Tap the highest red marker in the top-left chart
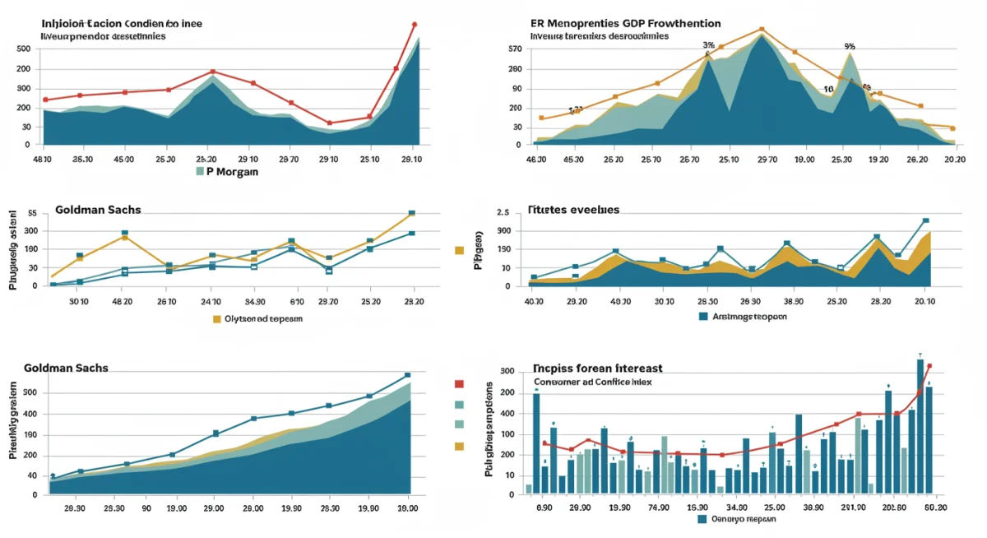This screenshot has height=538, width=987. [414, 25]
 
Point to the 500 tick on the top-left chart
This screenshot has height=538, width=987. [23, 49]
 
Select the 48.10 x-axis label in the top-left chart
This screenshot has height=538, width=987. [42, 160]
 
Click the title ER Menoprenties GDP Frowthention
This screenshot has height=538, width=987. [625, 24]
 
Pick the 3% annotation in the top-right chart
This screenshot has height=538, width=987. [707, 45]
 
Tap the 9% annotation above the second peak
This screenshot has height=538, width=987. [850, 47]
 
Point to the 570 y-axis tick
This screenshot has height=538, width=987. [516, 49]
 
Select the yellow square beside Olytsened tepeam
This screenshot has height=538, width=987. [217, 318]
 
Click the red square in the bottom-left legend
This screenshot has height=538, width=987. [459, 383]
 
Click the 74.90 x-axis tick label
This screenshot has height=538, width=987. [657, 508]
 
